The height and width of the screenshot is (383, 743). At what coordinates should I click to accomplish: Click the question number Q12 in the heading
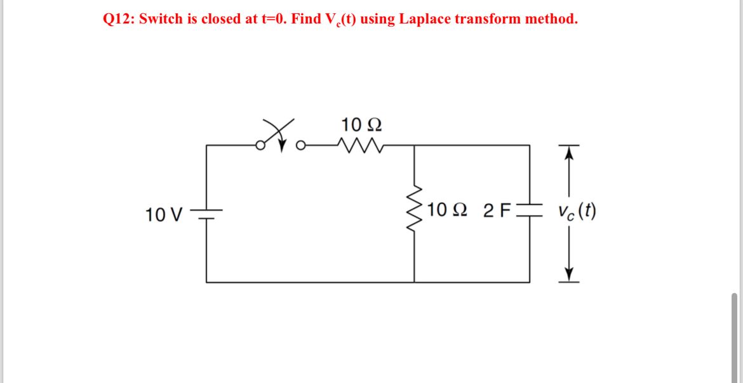(x=117, y=19)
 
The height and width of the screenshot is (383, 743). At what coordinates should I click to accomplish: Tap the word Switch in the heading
(x=159, y=19)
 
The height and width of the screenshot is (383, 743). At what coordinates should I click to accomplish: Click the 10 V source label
(x=163, y=214)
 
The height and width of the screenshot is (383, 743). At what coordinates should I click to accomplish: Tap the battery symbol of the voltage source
(x=206, y=214)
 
